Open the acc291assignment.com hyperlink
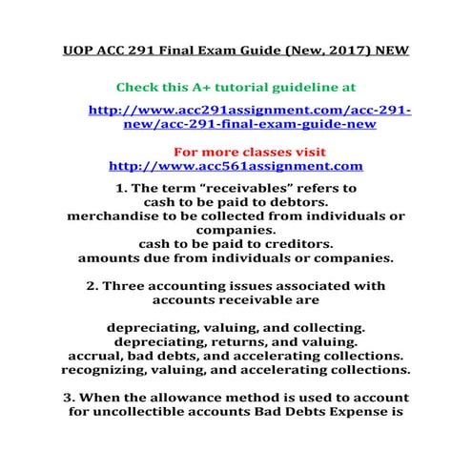tap(249, 116)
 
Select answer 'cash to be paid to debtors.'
tap(236, 202)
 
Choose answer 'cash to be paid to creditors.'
tap(236, 244)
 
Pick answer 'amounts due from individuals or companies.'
tap(236, 258)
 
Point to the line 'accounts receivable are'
tap(236, 299)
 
